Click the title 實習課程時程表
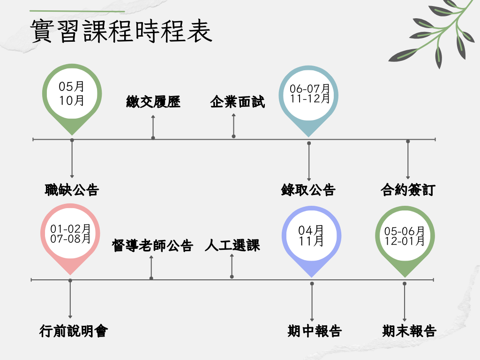[x=121, y=31]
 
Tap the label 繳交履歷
[x=153, y=102]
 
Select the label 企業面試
[x=237, y=102]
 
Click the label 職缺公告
[x=72, y=190]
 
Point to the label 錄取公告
[x=308, y=190]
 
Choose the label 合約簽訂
[x=408, y=190]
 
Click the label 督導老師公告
[x=152, y=246]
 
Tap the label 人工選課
[x=232, y=246]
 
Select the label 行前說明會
[x=74, y=331]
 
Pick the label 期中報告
[x=315, y=331]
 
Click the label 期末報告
[x=409, y=331]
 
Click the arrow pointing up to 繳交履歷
[x=153, y=127]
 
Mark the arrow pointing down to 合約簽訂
[x=408, y=159]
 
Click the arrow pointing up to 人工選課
[x=232, y=266]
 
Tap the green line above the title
[x=77, y=11]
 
